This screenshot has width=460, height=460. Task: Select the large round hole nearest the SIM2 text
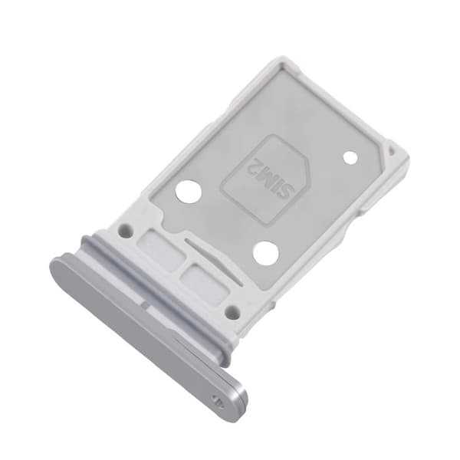[189, 192]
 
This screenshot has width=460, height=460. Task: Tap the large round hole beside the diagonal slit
[266, 252]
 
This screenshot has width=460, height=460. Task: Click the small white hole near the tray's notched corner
[350, 157]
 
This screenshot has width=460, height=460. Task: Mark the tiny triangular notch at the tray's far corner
[392, 151]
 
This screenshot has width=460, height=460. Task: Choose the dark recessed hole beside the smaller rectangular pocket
[232, 312]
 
